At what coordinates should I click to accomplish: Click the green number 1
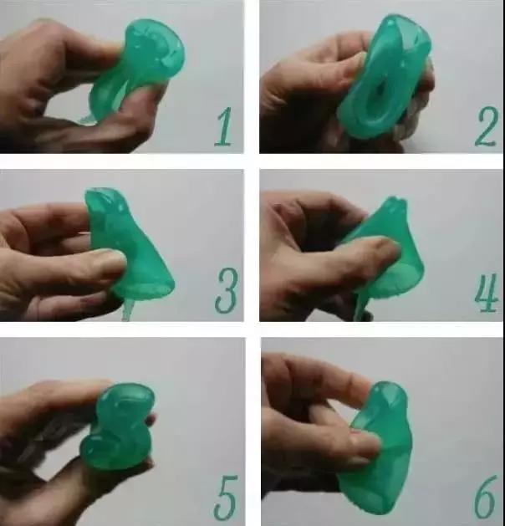224,127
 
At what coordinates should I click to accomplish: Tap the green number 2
486,126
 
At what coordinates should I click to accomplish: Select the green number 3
227,291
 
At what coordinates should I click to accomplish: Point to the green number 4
486,293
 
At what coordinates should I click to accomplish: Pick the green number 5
226,498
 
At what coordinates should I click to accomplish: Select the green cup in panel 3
130,248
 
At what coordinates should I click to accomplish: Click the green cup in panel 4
385,255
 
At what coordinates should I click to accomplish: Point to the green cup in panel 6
379,450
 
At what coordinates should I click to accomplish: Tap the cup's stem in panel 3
127,309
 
